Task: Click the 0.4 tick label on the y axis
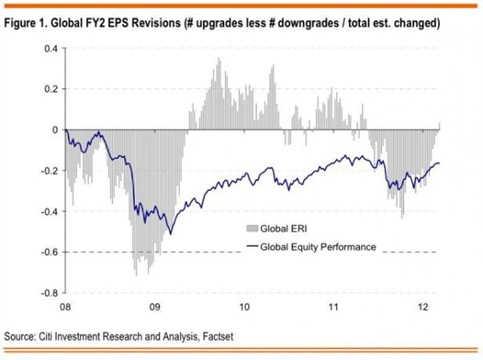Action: pos(51,49)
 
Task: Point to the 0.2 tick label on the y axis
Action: pos(51,89)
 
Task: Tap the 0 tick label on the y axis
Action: pos(55,130)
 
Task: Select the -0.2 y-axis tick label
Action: pos(49,171)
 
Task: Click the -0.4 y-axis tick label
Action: pos(49,211)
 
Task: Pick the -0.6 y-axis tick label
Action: pos(49,252)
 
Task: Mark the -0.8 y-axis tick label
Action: pos(49,293)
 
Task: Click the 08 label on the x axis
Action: pos(66,307)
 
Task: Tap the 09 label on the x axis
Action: pos(155,307)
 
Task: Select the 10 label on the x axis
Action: pos(244,307)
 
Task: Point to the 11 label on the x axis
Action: pos(333,307)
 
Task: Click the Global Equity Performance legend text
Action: pos(318,246)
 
